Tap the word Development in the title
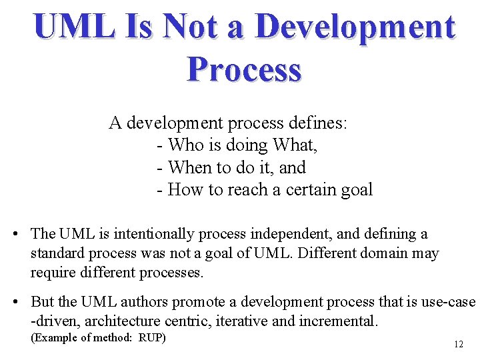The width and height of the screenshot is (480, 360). point(355,27)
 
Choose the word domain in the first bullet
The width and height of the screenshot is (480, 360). point(389,254)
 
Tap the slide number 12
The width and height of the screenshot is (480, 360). point(458,345)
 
